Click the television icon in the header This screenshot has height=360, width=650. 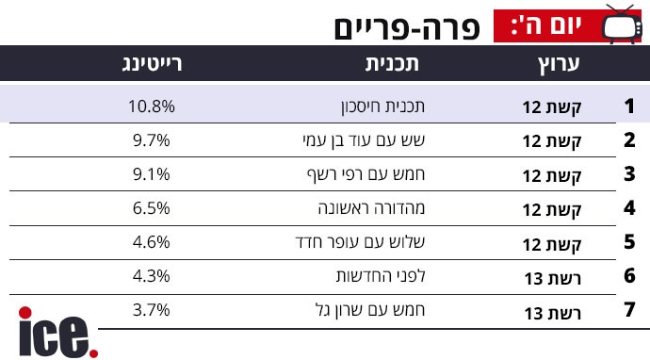(622, 24)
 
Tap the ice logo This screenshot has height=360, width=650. (58, 333)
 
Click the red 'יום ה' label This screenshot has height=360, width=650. (547, 25)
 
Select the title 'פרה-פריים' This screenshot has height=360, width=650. (407, 28)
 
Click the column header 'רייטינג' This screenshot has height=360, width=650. (152, 64)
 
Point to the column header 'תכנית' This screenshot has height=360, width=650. (392, 63)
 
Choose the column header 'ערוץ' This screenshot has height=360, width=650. (559, 64)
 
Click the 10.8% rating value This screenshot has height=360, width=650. (152, 106)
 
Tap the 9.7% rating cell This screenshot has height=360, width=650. (152, 140)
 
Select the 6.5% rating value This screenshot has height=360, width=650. (152, 207)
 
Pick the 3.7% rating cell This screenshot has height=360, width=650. (152, 310)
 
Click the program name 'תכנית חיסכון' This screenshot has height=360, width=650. (383, 106)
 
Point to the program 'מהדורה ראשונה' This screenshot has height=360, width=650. (372, 207)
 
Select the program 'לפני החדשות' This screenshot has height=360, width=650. (381, 276)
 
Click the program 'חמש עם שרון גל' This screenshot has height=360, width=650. (370, 310)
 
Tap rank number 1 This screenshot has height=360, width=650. (629, 106)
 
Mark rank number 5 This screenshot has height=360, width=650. (629, 242)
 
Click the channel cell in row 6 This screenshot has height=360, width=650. (553, 278)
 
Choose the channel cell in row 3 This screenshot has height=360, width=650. (552, 176)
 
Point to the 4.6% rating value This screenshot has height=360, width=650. (152, 242)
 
